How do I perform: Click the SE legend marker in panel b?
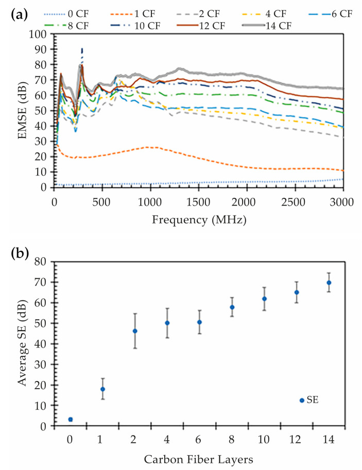[x=302, y=401]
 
